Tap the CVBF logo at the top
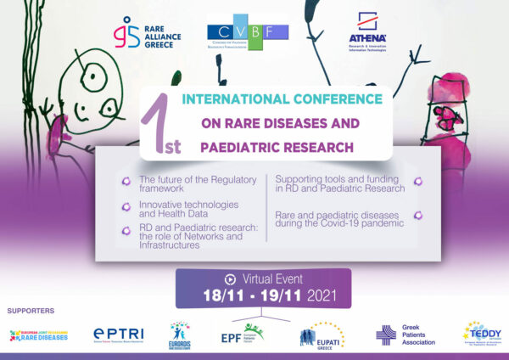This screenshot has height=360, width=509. coord(248,33)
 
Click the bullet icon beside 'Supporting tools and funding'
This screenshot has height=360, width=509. coord(418,182)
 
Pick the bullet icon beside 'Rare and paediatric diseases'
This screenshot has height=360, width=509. coord(418,218)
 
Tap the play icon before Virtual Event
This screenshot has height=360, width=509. coord(229,278)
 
